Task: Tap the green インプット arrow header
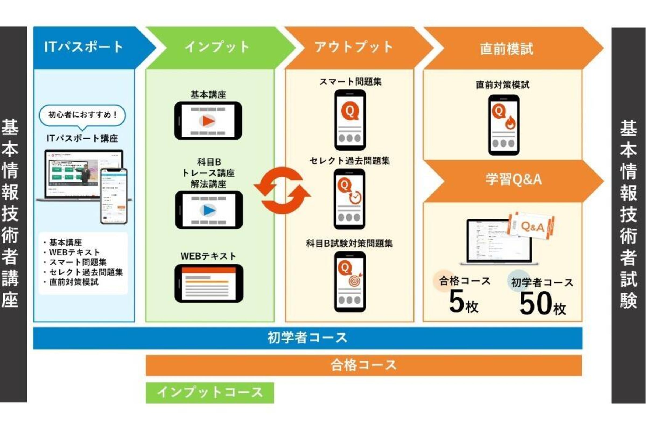[217, 47]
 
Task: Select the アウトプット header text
[354, 47]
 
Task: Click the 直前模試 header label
[507, 49]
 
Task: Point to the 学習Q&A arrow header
[514, 180]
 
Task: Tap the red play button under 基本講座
[208, 121]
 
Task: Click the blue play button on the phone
[209, 210]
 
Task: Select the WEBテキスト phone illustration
[209, 283]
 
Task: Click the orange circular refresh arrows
[282, 190]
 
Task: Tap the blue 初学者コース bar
[308, 338]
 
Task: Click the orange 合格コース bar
[364, 365]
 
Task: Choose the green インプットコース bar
[210, 392]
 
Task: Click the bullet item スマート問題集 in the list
[78, 262]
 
